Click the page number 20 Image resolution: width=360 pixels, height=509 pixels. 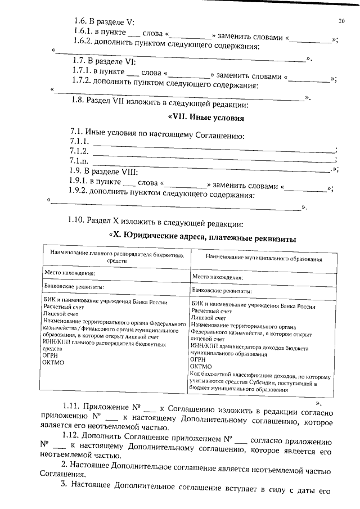(x=341, y=22)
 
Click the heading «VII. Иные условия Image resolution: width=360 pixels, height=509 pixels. (x=206, y=118)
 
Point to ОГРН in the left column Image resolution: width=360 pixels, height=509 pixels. (x=52, y=355)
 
